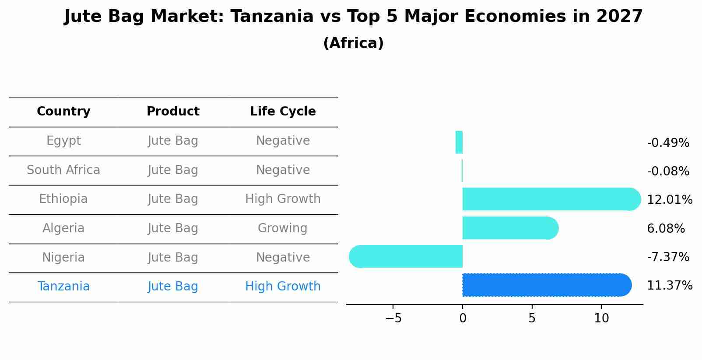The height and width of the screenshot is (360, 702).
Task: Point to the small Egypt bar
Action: tap(459, 143)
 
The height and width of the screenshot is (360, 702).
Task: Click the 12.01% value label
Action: tap(669, 200)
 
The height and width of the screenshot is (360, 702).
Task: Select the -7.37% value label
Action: tap(668, 257)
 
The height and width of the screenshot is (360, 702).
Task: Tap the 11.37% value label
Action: tap(669, 286)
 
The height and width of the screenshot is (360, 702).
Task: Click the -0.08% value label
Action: tap(668, 171)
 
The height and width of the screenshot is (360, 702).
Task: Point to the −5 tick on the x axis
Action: tap(393, 318)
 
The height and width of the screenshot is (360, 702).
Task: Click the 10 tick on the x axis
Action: tap(601, 318)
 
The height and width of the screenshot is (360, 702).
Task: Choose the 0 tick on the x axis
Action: tap(463, 318)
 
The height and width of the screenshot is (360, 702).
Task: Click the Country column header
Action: tap(63, 112)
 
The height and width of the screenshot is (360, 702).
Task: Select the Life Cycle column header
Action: tap(283, 112)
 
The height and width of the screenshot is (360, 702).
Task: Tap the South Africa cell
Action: tap(63, 170)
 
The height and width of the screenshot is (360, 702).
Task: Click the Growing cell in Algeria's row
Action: tap(282, 228)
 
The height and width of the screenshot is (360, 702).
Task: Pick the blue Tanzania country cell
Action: tap(63, 287)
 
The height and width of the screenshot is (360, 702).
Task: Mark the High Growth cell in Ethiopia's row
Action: tap(283, 199)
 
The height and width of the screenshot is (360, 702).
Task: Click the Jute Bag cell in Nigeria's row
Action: tap(173, 258)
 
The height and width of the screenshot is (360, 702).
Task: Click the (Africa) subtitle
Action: tap(353, 43)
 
